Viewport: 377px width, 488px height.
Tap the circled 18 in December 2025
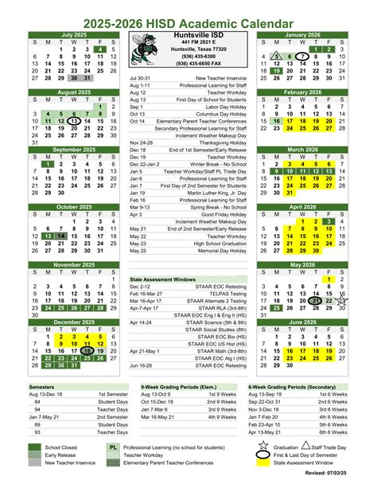pos(87,350)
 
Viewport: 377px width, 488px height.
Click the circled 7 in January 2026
pos(304,57)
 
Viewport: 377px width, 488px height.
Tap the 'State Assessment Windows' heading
pos(163,280)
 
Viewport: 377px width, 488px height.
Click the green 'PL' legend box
pos(114,449)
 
